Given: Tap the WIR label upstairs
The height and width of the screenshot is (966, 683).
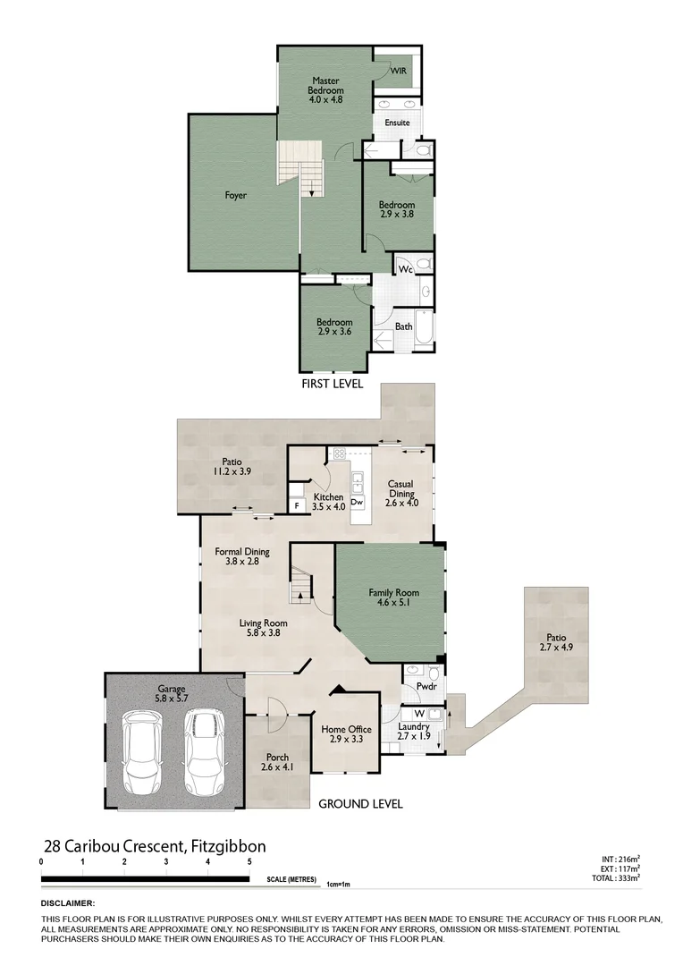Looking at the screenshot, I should pos(398,71).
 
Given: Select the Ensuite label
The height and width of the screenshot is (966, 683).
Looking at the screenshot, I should pos(397,123).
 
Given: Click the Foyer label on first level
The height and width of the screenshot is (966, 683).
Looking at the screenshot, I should pos(236,195).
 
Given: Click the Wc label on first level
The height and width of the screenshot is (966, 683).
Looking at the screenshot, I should pos(405,268).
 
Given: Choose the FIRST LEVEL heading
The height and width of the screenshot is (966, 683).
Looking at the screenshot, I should pos(332,383).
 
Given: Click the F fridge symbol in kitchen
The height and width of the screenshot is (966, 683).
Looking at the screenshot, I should pos(297,505).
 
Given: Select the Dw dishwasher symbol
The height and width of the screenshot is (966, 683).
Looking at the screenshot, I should pos(357,503).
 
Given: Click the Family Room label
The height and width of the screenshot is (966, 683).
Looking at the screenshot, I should pos(393,598).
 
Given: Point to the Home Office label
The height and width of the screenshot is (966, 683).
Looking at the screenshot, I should pos(346,735).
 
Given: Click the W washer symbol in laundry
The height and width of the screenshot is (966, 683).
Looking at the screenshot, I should pos(418,713).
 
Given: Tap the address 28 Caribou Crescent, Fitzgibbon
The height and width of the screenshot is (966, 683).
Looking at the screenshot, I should pos(155,846).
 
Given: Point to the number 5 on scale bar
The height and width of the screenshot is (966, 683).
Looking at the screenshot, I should pos(249,861).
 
